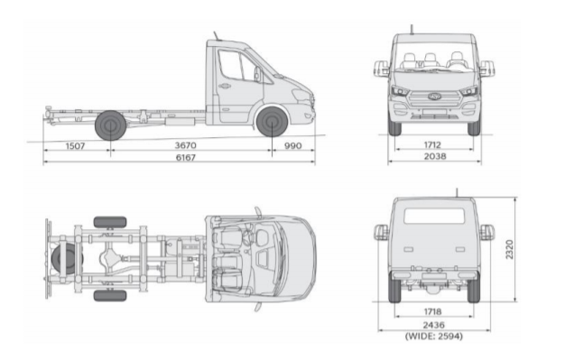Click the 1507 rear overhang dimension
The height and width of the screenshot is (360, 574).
coord(75,146)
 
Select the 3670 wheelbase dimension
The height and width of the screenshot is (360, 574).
coord(186,145)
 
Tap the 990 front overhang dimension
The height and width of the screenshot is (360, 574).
coord(293,145)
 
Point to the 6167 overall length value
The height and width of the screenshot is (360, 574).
coord(186,157)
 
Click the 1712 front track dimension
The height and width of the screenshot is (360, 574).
coord(432,144)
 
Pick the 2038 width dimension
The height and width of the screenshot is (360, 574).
coord(435,156)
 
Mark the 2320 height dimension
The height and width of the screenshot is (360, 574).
coord(509,250)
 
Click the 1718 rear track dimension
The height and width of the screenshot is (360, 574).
coord(432,311)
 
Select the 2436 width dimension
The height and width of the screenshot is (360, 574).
coord(434,325)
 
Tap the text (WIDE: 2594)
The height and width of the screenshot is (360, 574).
coord(434,336)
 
